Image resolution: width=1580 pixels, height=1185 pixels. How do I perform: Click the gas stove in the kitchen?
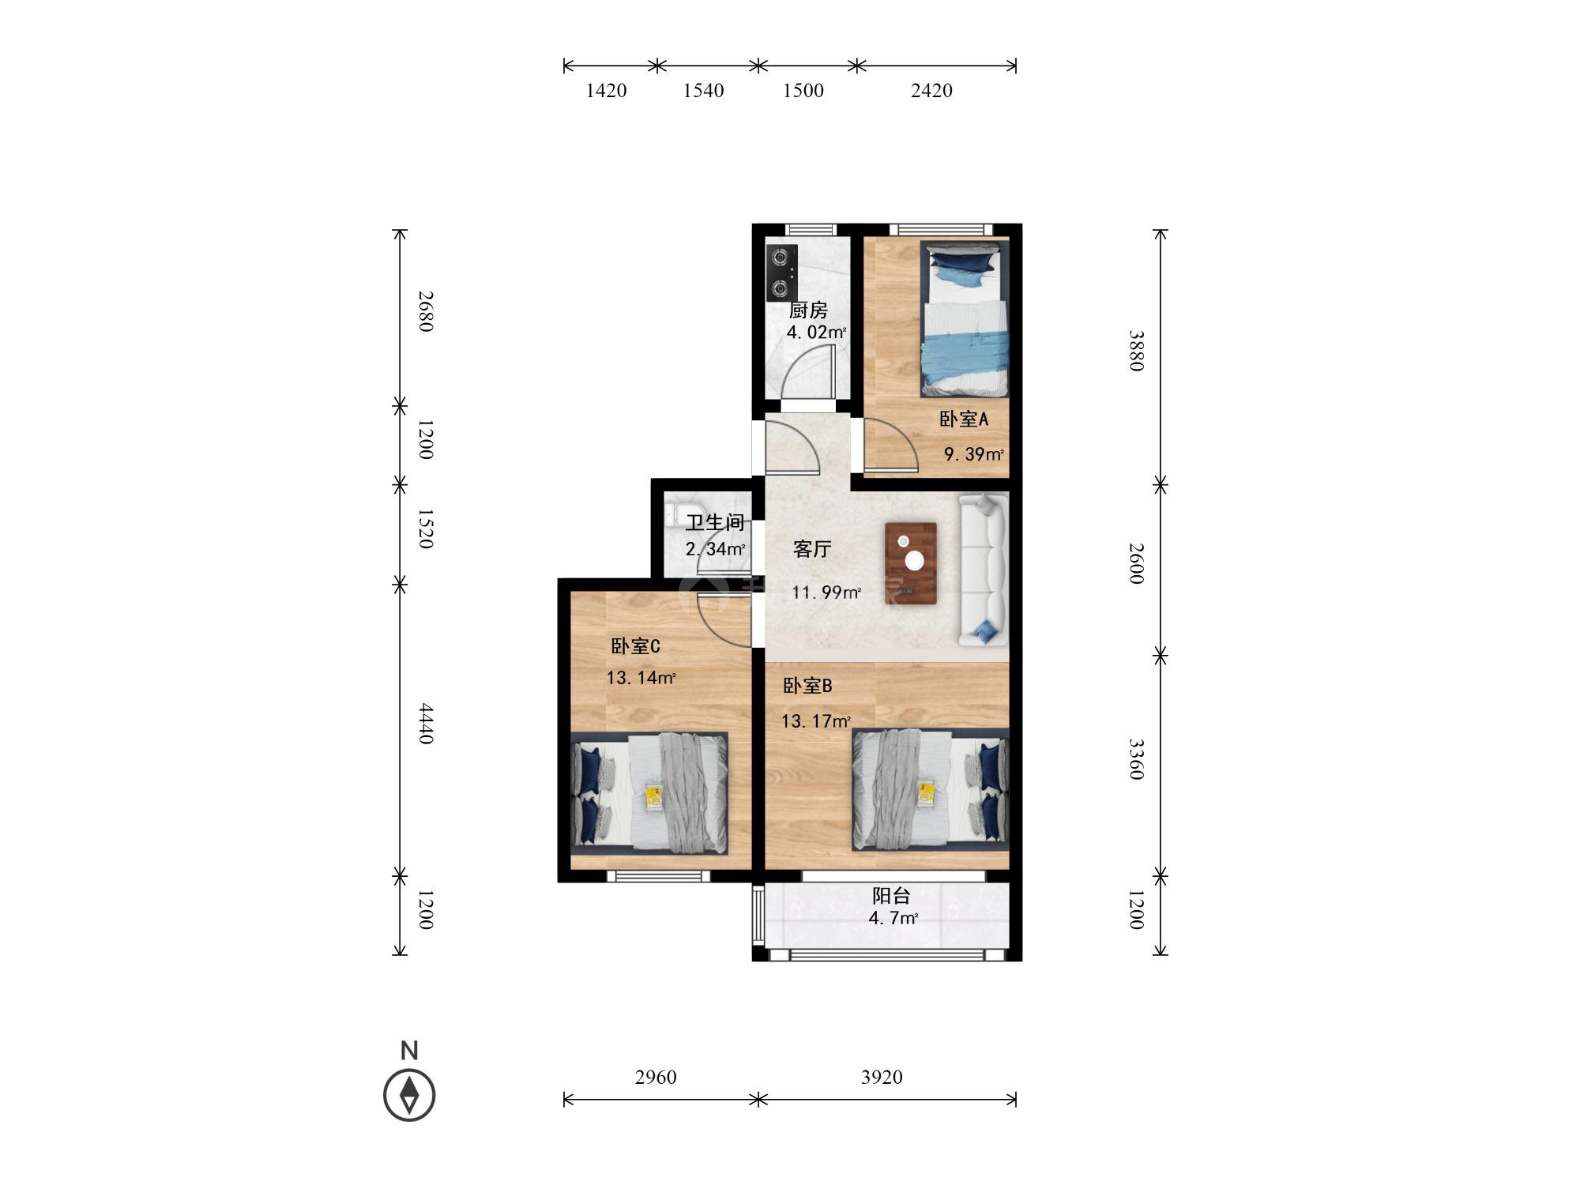tap(781, 273)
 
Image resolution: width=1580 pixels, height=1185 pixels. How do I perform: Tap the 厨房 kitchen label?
tap(808, 310)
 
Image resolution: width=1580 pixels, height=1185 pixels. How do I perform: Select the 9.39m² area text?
tap(974, 454)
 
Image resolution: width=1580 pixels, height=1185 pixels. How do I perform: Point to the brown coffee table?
tap(911, 563)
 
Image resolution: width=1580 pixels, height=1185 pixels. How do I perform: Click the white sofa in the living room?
tap(984, 570)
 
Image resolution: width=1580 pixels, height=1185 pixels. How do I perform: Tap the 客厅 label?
tap(812, 549)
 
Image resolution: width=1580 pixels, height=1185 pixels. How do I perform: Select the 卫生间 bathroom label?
tap(715, 523)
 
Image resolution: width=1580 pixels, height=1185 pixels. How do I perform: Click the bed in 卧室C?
tap(649, 793)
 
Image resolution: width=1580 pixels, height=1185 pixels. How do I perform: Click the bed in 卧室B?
tap(930, 789)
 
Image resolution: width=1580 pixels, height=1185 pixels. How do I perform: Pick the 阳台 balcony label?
tap(891, 896)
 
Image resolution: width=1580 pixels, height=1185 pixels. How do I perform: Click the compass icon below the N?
tap(409, 1095)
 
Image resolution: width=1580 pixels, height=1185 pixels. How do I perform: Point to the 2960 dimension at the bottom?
tap(656, 1077)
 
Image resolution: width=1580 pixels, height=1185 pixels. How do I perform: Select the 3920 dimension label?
tap(882, 1077)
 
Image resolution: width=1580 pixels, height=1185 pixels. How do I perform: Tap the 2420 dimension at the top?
tap(931, 91)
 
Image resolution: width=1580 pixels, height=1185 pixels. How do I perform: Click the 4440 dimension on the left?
tap(426, 724)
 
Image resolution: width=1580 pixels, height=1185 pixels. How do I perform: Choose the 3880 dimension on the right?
tap(1137, 351)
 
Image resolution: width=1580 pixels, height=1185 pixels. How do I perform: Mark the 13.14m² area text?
tap(641, 678)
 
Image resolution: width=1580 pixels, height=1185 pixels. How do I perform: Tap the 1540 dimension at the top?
tap(703, 91)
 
